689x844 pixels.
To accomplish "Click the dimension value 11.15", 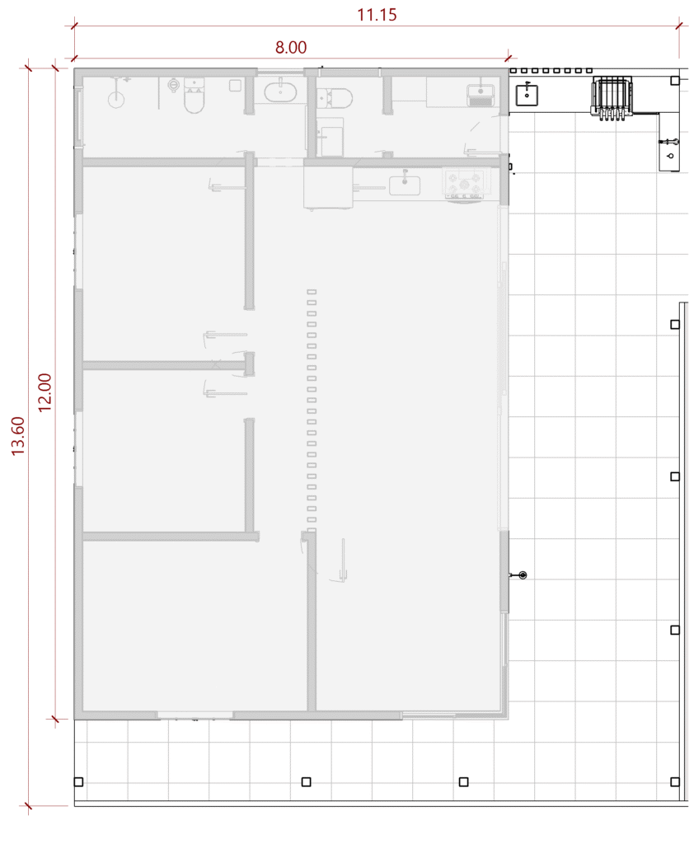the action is point(377,15).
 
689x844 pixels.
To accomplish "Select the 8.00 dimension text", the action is point(291,47).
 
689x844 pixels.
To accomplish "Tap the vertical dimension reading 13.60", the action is point(18,436).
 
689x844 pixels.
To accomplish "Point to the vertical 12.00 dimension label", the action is point(45,392).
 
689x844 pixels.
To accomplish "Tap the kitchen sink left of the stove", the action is point(404,185).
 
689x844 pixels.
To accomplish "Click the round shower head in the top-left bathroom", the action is point(116,100).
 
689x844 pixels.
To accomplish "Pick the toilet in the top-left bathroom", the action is point(195,96).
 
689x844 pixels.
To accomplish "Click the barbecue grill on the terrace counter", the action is point(612,98).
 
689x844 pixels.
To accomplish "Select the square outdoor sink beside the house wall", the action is point(527,95).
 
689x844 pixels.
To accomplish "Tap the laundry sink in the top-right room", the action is point(480,96).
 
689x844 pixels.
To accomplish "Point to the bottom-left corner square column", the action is point(78,781).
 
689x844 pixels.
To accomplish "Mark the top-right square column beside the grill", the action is point(675,81).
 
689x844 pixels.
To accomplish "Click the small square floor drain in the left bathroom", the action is point(235,85).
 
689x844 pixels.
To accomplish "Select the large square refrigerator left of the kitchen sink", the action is point(328,187).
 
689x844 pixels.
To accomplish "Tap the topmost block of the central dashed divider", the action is point(312,292).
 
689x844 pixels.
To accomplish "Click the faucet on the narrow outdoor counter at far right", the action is point(668,143).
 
